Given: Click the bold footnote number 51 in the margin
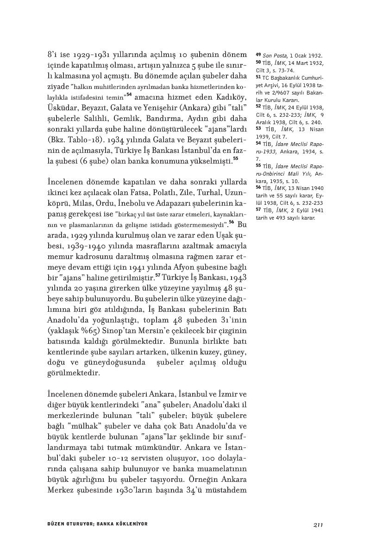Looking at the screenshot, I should tap(258, 77).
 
